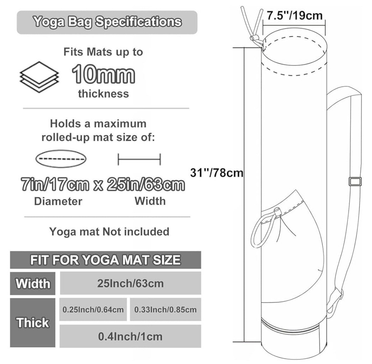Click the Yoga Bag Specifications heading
tap(107, 22)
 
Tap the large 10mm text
tap(103, 74)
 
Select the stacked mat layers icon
tap(39, 77)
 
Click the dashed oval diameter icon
tap(61, 159)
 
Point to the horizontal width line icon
tap(139, 159)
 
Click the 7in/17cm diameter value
tap(55, 185)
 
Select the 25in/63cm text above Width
tap(146, 185)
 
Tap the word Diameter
tap(58, 201)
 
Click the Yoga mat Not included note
tap(109, 232)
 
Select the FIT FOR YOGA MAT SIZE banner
tap(105, 260)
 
